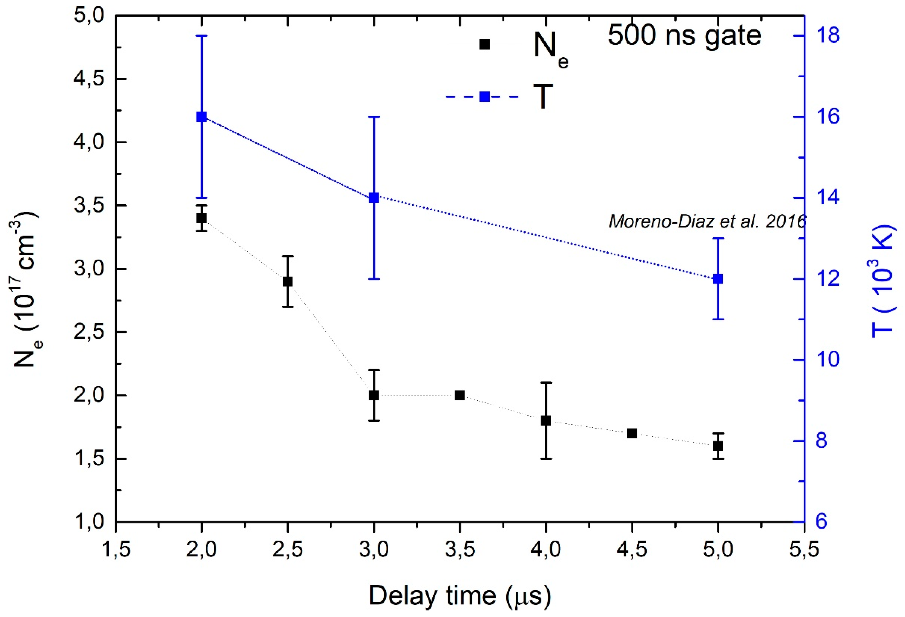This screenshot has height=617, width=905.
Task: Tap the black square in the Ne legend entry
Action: point(484,44)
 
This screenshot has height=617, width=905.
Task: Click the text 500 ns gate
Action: point(684,36)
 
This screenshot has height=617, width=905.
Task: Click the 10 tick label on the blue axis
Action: point(828,360)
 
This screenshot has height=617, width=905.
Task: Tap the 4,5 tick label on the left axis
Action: point(89,79)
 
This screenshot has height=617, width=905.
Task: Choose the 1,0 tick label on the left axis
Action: point(89,522)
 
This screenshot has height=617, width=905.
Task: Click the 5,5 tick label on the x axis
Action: point(804,550)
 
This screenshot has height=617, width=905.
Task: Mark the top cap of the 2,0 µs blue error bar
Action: point(201,35)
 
